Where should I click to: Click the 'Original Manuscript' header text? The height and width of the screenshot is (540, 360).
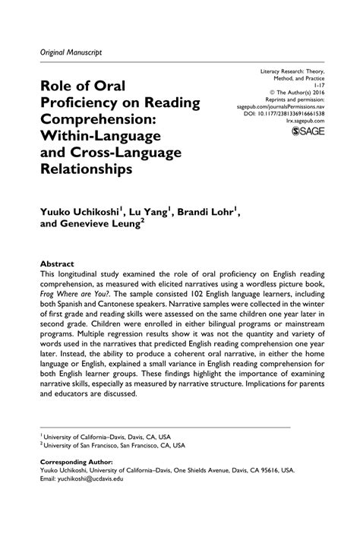[67, 51]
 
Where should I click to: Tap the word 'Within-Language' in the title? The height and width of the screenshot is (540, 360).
[93, 137]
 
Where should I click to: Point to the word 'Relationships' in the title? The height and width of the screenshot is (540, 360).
[85, 172]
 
